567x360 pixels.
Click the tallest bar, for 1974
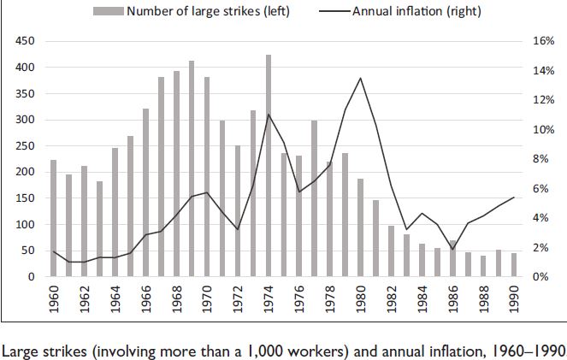(x=269, y=166)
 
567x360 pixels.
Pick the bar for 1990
(x=514, y=265)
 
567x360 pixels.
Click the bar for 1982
(x=391, y=251)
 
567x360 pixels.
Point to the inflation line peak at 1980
(x=360, y=79)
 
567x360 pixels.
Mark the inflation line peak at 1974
(x=269, y=115)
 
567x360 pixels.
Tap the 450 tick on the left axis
(x=25, y=41)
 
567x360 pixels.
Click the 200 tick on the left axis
(x=25, y=172)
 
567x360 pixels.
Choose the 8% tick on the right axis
(x=543, y=159)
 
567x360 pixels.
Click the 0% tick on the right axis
(x=543, y=277)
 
